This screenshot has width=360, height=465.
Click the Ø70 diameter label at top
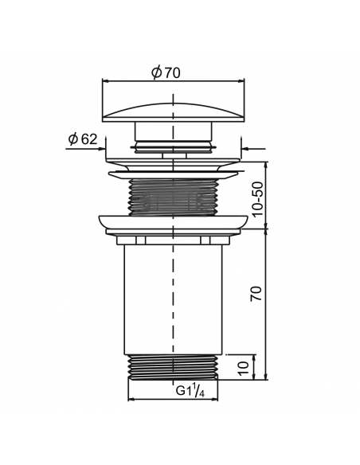[166, 72]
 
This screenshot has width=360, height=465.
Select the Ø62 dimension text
[83, 139]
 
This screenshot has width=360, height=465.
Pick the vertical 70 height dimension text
[256, 293]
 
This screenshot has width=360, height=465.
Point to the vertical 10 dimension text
[245, 368]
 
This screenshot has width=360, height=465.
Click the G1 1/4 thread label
[190, 390]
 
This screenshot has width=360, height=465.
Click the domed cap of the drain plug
[173, 112]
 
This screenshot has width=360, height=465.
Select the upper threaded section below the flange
[173, 197]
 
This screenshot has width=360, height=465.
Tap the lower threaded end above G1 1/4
[173, 367]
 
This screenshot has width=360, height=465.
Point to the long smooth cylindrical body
[173, 299]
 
